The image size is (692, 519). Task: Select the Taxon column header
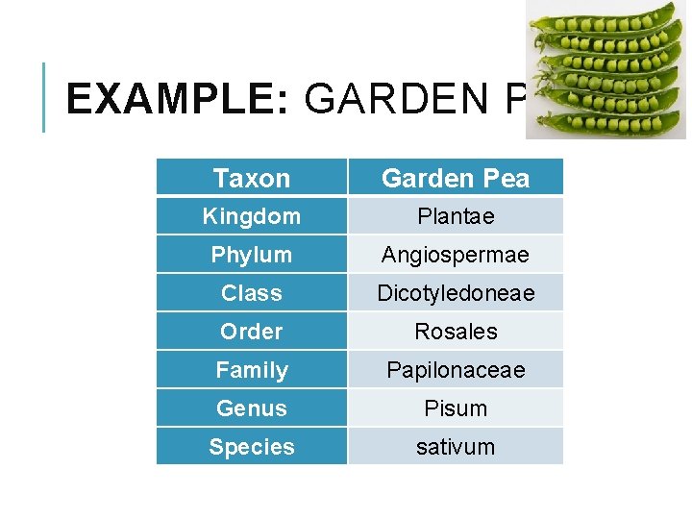coord(252,178)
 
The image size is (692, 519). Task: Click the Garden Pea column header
coord(456,178)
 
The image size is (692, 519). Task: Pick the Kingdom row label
coord(252,216)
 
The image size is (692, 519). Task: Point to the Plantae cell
coord(456,216)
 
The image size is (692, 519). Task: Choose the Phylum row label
coord(252,255)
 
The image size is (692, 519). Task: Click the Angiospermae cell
coord(456,255)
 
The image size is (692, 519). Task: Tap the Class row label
coord(252,293)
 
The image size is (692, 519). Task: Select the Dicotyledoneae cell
coord(456,293)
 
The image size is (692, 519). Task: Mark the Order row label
coord(252,332)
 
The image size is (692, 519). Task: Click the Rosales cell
coord(456,332)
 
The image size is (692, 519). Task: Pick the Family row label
coord(252,370)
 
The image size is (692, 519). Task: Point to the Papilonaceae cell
coord(456,370)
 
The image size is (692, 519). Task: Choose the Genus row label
coord(252,408)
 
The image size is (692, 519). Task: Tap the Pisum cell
coord(456,408)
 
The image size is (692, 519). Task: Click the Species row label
coord(252,447)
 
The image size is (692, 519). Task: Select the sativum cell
coord(456,447)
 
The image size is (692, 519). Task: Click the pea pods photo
coord(605,69)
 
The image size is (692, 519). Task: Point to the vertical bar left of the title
coord(44,97)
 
